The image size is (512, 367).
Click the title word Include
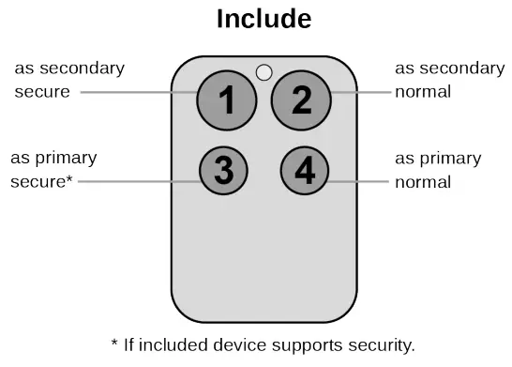264,19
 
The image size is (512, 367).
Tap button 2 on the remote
301,99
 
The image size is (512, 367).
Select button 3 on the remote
223,171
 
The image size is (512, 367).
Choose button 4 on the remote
305,172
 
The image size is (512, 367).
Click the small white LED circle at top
264,71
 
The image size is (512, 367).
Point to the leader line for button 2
361,92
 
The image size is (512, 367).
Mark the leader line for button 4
361,180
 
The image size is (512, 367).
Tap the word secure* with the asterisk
41,180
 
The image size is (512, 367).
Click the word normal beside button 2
422,92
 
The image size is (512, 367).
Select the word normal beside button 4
422,180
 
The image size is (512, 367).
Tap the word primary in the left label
66,157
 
